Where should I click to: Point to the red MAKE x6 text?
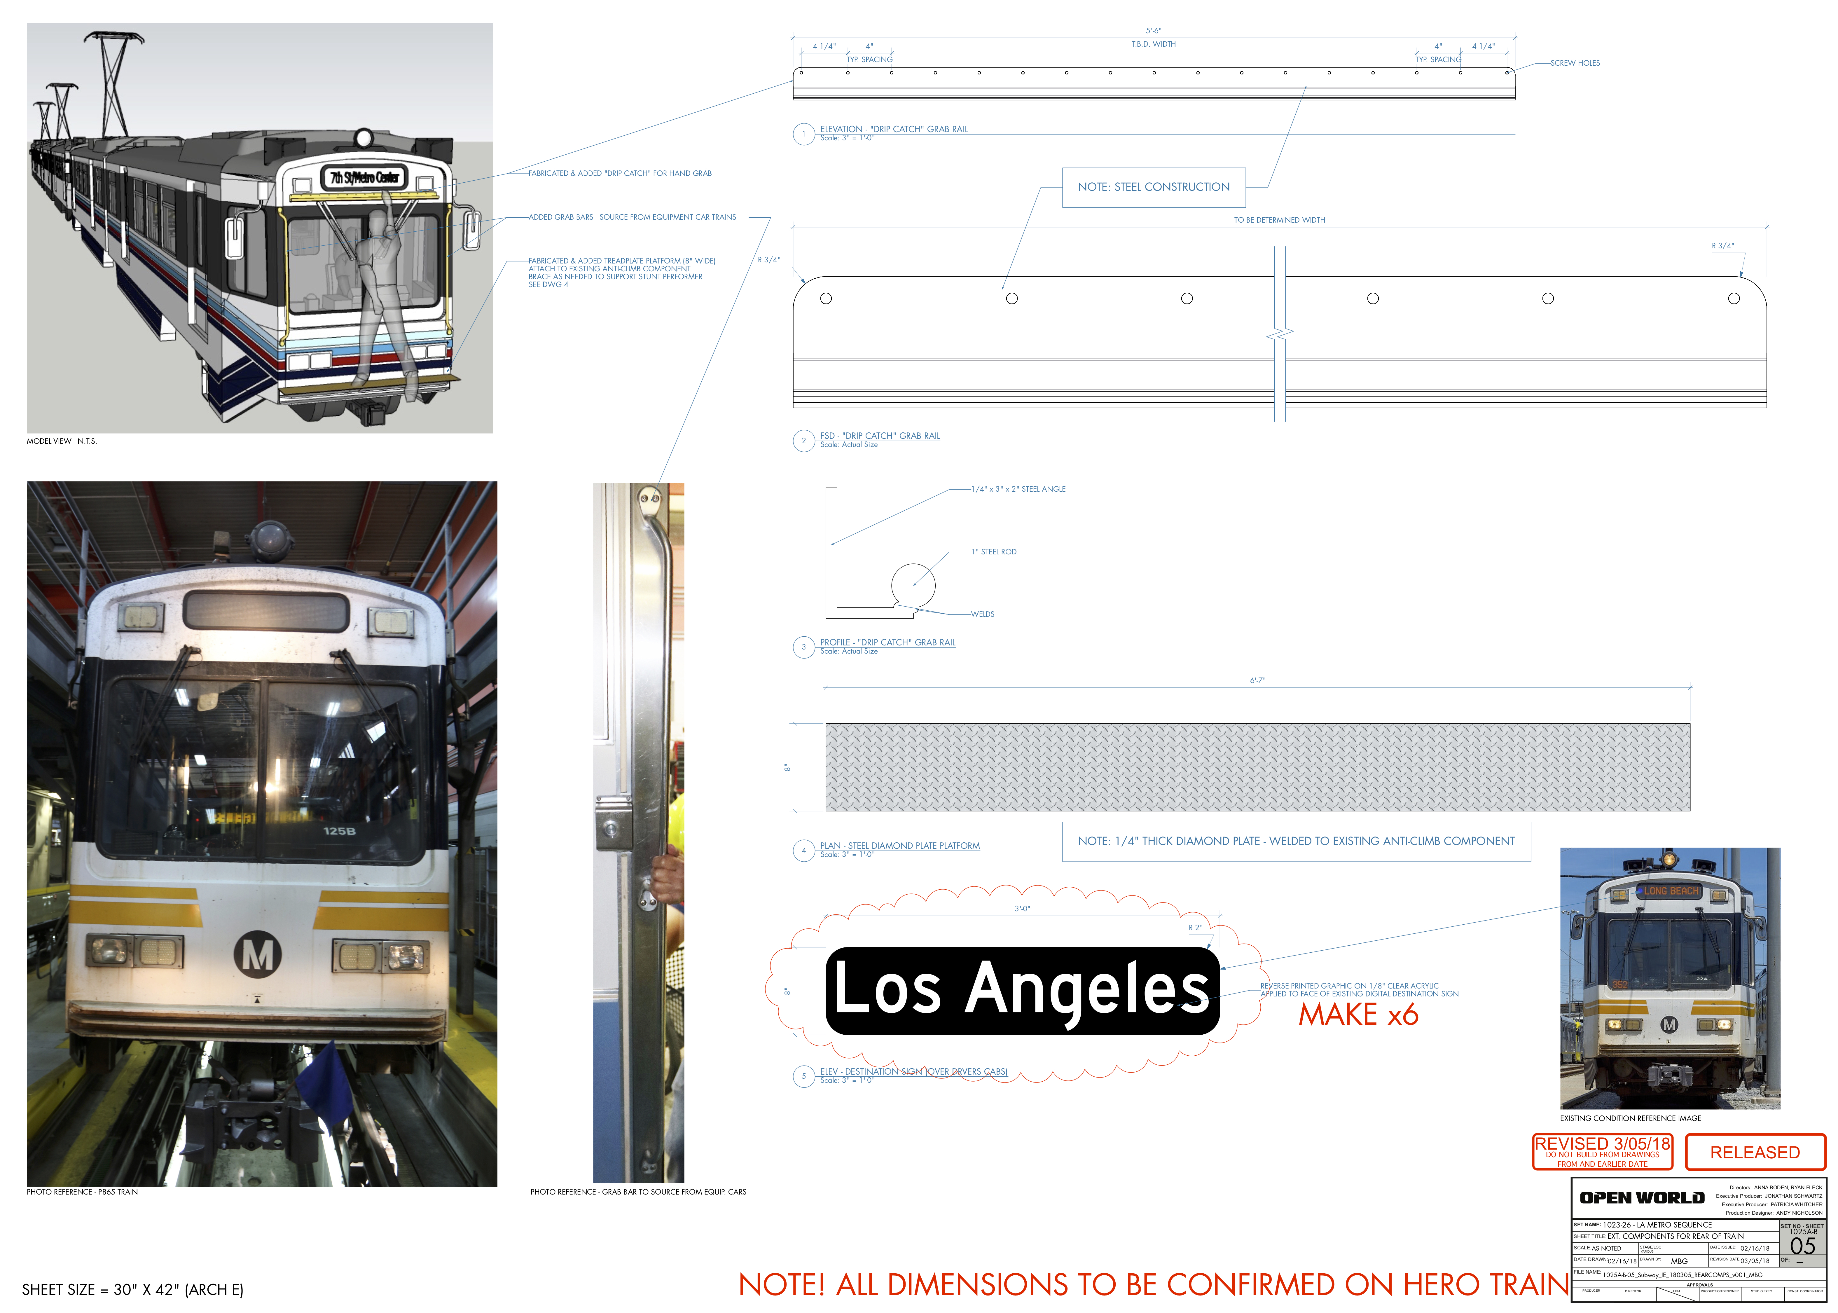tap(1358, 1015)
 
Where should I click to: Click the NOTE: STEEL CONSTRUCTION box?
tap(1153, 187)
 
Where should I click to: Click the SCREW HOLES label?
tap(1575, 63)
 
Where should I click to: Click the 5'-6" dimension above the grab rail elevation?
tap(1153, 31)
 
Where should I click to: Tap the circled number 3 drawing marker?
tap(803, 647)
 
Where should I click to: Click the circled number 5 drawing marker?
tap(803, 1076)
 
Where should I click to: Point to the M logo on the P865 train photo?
tap(258, 955)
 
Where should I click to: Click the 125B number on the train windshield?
tap(340, 831)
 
